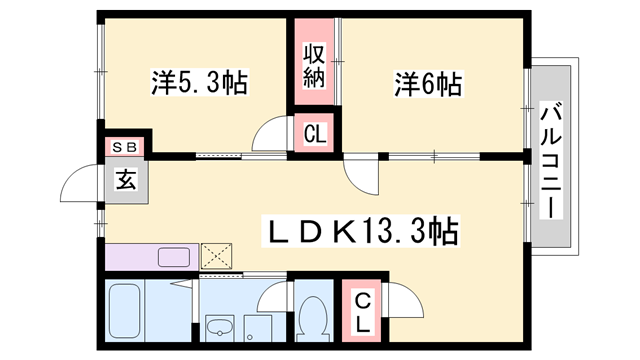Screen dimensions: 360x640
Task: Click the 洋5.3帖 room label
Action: [199, 82]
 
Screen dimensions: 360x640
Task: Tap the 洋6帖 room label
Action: [427, 85]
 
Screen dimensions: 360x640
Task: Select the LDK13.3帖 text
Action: [360, 232]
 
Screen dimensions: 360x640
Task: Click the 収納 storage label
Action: [314, 65]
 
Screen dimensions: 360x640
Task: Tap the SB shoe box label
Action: [125, 147]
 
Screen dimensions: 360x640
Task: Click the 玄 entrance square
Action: [127, 181]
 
